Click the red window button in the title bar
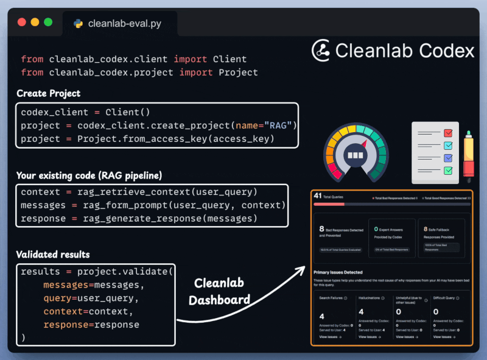[x=22, y=22]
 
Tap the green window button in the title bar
[x=48, y=22]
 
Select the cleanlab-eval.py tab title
[x=124, y=24]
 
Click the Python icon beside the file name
[x=78, y=24]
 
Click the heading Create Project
[x=49, y=94]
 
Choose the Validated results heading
[x=53, y=255]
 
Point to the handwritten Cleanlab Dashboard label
[x=219, y=291]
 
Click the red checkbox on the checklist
[x=448, y=132]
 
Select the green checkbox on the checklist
[x=448, y=171]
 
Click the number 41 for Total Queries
[x=317, y=196]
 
